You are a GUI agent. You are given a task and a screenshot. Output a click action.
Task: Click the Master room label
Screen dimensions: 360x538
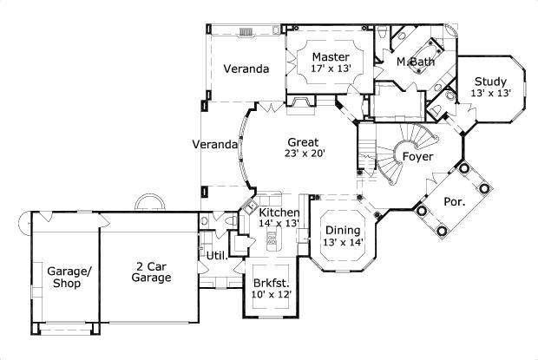click(x=331, y=57)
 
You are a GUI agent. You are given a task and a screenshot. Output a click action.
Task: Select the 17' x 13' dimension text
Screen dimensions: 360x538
click(x=331, y=69)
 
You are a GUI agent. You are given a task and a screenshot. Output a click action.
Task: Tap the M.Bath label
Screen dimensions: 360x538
click(x=416, y=62)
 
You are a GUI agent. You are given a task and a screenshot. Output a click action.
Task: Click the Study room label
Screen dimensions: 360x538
click(x=490, y=82)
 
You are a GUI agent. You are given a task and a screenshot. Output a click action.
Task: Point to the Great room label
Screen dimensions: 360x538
click(x=302, y=142)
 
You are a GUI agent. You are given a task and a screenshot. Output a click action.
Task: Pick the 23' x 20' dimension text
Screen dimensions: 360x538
click(x=302, y=154)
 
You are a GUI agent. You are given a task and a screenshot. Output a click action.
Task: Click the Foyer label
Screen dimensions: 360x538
click(x=417, y=156)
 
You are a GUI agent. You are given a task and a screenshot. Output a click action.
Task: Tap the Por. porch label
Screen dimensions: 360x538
click(x=454, y=201)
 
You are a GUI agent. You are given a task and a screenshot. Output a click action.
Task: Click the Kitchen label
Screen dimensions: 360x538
click(x=280, y=213)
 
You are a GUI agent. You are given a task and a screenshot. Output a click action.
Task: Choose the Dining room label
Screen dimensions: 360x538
click(x=343, y=230)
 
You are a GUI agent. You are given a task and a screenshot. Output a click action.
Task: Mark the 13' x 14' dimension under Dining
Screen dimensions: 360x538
click(x=343, y=242)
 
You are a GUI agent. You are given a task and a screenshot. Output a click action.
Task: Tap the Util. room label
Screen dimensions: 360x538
click(x=216, y=257)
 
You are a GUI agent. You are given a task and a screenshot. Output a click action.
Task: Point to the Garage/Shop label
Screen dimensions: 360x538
click(x=65, y=277)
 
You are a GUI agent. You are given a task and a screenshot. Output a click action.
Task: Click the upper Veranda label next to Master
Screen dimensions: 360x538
click(x=245, y=69)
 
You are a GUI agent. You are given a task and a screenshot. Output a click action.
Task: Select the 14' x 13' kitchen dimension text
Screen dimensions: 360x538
click(x=279, y=224)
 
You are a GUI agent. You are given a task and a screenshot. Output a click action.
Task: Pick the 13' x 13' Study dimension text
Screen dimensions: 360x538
click(x=490, y=93)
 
